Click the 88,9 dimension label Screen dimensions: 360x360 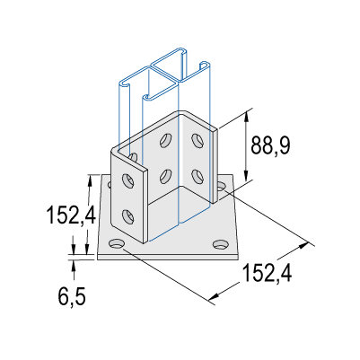click(x=270, y=145)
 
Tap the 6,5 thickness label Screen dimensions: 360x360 click(x=72, y=296)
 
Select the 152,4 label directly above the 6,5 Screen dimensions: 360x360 click(x=71, y=215)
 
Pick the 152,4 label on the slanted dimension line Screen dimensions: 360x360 click(x=267, y=273)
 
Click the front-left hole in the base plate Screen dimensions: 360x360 click(x=117, y=243)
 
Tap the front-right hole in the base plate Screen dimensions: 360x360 click(x=220, y=244)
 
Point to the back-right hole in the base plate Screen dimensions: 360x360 click(x=221, y=187)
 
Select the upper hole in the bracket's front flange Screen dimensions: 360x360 click(x=128, y=180)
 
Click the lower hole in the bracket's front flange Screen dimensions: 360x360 click(x=128, y=216)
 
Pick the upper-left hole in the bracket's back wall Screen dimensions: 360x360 click(x=166, y=140)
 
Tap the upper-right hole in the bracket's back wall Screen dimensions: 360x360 click(x=197, y=140)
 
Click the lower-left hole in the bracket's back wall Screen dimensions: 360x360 click(x=165, y=176)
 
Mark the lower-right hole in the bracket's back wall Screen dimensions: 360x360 click(x=198, y=176)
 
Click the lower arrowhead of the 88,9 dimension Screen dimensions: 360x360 click(x=246, y=175)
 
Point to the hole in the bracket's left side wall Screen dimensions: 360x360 click(x=134, y=157)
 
